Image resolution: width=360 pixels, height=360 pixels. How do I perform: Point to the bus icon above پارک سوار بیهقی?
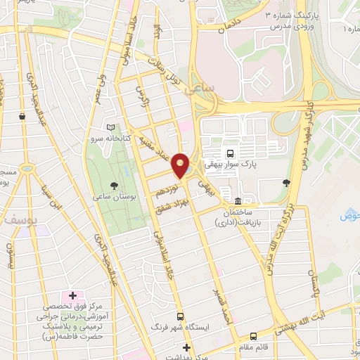pyautogui.click(x=229, y=153)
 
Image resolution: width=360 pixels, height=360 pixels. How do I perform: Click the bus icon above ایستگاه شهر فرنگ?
pyautogui.click(x=180, y=316)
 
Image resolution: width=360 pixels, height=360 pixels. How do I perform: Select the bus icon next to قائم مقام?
pyautogui.click(x=253, y=337)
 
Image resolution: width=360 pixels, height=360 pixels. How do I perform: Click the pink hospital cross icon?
pyautogui.click(x=72, y=295)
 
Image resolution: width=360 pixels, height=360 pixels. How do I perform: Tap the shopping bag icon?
pyautogui.click(x=23, y=116)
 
